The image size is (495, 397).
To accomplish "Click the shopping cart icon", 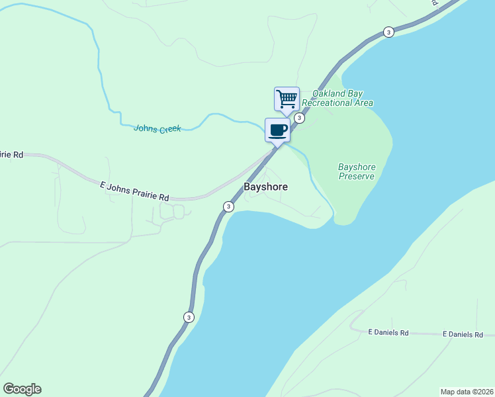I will (x=287, y=99).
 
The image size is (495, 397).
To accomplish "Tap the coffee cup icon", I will (x=278, y=130).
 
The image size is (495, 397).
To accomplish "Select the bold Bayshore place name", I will (x=266, y=187).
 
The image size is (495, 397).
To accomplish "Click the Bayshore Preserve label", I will (x=356, y=171).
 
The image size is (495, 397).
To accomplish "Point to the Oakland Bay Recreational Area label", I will (x=337, y=98).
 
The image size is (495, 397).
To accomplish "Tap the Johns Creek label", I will (x=157, y=128).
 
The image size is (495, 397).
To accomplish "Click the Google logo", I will (x=22, y=389).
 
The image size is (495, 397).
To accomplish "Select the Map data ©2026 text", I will (x=467, y=391).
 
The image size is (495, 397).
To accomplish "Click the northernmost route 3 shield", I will (x=388, y=32).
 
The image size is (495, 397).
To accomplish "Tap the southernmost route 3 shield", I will (x=189, y=317).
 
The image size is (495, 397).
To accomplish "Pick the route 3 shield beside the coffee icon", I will (x=299, y=118).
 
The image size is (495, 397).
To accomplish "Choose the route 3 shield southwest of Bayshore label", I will (x=228, y=206).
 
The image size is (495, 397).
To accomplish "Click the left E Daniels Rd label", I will (x=388, y=333).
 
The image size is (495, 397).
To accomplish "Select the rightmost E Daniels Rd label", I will (x=463, y=335).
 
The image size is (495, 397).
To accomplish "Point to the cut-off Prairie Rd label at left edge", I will (x=11, y=154).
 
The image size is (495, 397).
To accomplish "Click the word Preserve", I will (x=356, y=176).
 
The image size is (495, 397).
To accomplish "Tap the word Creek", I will (x=169, y=129).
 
